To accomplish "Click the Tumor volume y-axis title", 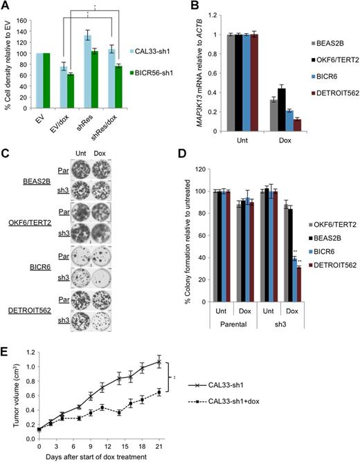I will tap(9, 390).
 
